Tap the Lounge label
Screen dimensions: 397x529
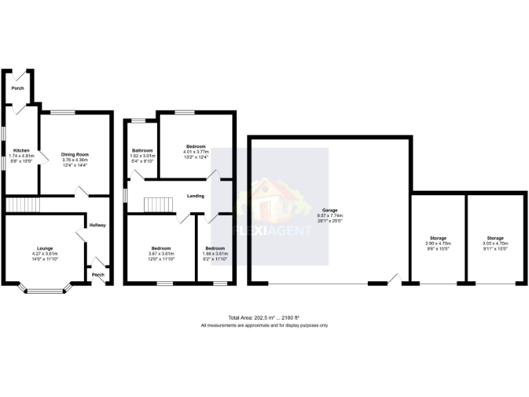[x=45, y=248]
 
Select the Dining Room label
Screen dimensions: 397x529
[x=75, y=154]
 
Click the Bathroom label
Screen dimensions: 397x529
[x=142, y=150]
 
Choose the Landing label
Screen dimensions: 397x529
[x=196, y=196]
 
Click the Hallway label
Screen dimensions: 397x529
[x=97, y=225]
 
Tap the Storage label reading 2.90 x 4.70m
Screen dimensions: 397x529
[x=438, y=238]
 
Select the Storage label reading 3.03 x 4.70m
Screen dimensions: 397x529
[x=496, y=238]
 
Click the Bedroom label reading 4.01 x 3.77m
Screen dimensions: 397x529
[x=196, y=147]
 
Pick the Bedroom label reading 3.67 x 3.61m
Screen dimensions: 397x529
[x=161, y=248]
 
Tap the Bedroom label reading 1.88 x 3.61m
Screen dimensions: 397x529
[x=214, y=248]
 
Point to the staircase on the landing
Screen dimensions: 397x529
[x=157, y=205]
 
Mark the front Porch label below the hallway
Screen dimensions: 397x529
[x=98, y=275]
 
